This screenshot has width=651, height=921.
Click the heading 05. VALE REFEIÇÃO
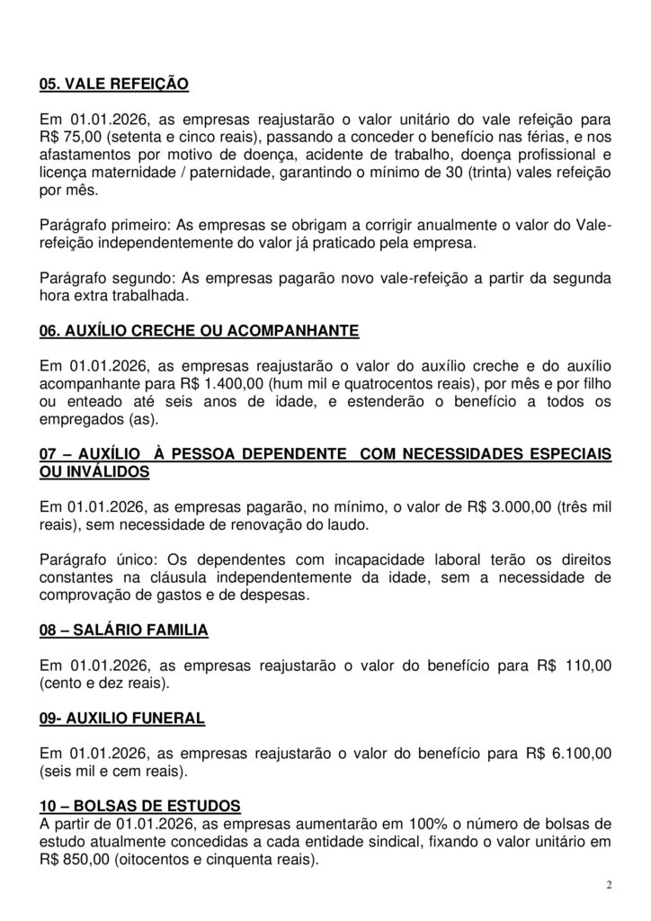pyautogui.click(x=114, y=85)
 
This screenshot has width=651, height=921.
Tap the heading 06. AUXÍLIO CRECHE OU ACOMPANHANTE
pyautogui.click(x=199, y=331)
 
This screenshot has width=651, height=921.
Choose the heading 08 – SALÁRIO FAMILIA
pyautogui.click(x=124, y=630)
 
